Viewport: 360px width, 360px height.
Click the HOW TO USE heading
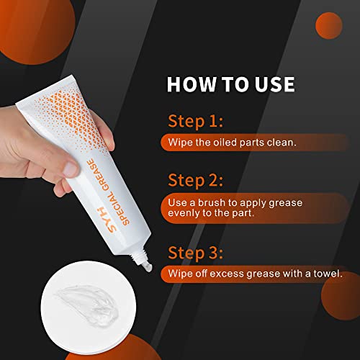coord(230,84)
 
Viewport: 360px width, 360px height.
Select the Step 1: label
coord(194,120)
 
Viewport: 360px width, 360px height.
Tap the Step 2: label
coord(195,179)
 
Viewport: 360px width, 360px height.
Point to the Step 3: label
coord(195,253)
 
